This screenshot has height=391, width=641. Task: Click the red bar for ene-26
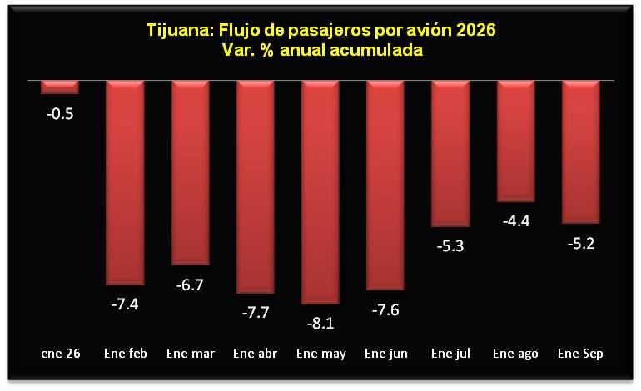click(60, 87)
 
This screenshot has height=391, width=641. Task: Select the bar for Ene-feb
click(125, 183)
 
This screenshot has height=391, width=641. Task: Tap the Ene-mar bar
click(191, 173)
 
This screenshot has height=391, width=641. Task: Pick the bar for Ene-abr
click(256, 186)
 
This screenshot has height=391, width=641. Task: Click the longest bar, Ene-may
click(320, 192)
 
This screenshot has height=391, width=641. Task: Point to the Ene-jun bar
click(385, 185)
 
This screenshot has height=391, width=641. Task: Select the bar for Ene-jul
click(450, 154)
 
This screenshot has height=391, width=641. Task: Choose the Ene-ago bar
click(516, 141)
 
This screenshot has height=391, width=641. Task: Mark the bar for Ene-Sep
click(581, 152)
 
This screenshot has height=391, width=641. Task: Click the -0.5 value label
click(60, 114)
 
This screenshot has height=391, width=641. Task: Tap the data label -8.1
click(320, 324)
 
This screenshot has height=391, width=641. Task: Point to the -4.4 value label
click(516, 221)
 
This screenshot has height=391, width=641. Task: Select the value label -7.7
click(256, 313)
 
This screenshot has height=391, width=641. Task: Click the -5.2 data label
click(581, 244)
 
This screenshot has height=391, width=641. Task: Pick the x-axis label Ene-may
click(321, 354)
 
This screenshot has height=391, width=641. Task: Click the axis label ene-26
click(61, 354)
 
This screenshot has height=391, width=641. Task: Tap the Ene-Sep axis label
click(580, 354)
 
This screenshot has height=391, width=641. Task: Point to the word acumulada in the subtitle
click(376, 50)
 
